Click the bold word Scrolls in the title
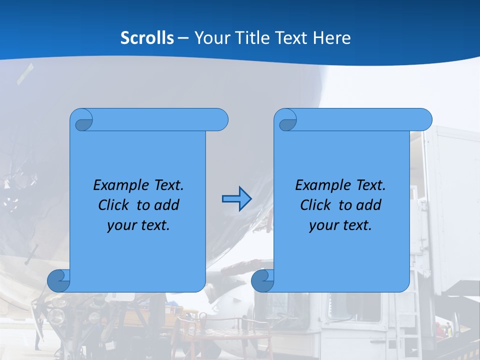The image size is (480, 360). click(x=147, y=38)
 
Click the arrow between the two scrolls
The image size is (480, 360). click(x=236, y=199)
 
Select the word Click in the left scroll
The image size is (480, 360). click(x=114, y=205)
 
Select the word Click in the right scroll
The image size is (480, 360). click(x=315, y=205)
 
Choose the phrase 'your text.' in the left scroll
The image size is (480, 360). click(x=138, y=225)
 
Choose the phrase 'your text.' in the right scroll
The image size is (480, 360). click(x=340, y=225)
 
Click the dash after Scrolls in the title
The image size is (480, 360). click(x=183, y=38)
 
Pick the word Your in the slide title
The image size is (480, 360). click(x=209, y=38)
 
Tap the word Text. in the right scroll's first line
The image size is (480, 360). click(x=371, y=185)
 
